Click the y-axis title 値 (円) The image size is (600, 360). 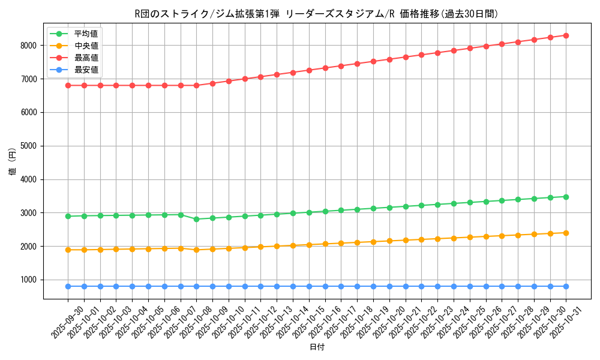(13, 162)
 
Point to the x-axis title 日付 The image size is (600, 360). (317, 347)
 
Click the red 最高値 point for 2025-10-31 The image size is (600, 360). (566, 35)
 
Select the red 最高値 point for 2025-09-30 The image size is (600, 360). (68, 85)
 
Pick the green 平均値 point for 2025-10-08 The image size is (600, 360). (196, 219)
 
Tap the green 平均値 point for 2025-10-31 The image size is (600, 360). (566, 197)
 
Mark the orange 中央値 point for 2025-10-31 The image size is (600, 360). (566, 233)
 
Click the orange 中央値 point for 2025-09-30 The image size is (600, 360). (68, 250)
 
